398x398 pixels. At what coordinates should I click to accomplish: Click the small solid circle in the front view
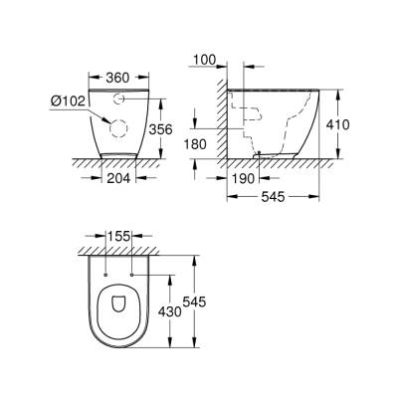tap(118, 99)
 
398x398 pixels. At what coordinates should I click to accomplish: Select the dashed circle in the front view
tap(118, 127)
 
